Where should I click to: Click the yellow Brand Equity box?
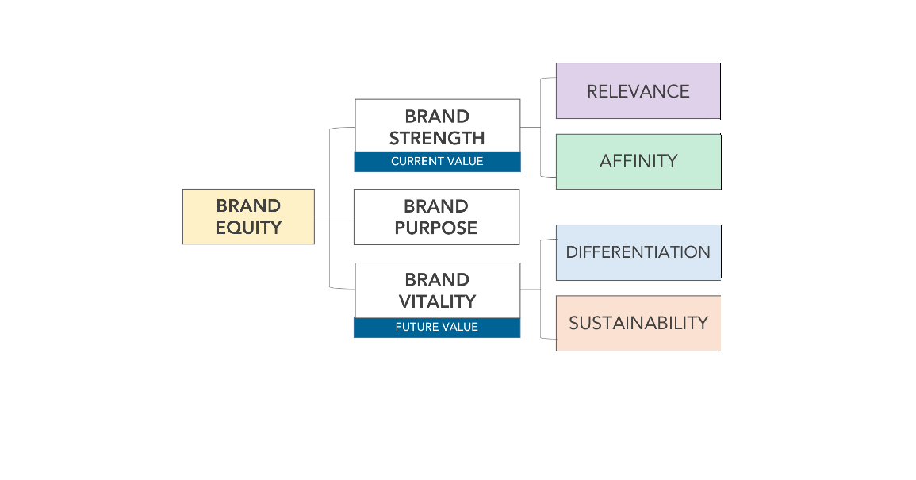(x=248, y=216)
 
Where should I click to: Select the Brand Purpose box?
(x=436, y=217)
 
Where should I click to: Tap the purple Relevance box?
(x=638, y=91)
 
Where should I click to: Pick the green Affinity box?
(x=638, y=161)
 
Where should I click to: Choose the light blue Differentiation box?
(x=638, y=252)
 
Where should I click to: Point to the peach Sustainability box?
(x=638, y=323)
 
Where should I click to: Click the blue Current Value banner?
(x=437, y=162)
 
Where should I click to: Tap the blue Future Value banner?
(x=437, y=327)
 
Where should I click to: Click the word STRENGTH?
(x=437, y=138)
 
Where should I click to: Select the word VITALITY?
(x=437, y=301)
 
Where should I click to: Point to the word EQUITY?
(x=248, y=228)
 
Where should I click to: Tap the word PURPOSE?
(x=436, y=228)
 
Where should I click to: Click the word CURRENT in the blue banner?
(x=416, y=162)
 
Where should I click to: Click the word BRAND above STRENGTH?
(x=437, y=117)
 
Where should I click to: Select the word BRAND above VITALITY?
(x=437, y=280)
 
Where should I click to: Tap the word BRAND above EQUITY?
(x=248, y=206)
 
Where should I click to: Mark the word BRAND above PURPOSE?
(x=436, y=207)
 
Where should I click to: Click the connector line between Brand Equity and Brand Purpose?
(x=334, y=217)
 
